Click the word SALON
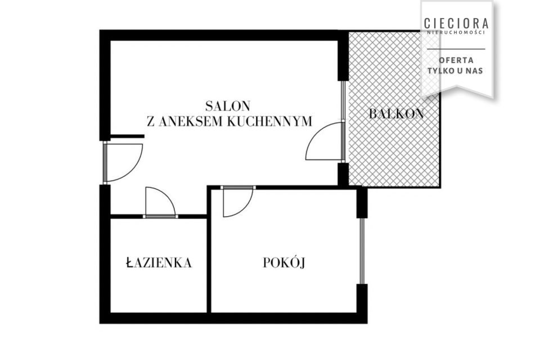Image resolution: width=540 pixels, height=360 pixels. coord(228,106)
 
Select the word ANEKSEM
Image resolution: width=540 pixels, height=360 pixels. coord(187,121)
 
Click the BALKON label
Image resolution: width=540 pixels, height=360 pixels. coord(397,114)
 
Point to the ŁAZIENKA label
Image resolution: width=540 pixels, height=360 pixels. coord(159,263)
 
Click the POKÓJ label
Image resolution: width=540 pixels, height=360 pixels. coord(284,263)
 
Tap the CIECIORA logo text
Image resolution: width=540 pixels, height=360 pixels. coord(456,23)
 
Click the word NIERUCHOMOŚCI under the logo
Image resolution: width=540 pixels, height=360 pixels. coord(456,33)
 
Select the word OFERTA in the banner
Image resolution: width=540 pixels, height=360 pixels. coord(456,60)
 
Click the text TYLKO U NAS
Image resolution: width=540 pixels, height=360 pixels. coord(455,71)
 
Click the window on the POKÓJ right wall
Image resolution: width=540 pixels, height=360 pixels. coord(362,251)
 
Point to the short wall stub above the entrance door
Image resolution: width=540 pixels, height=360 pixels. coord(127,137)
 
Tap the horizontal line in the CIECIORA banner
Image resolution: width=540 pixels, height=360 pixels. coord(456,49)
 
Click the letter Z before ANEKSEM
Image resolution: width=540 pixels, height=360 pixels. coord(151,121)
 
